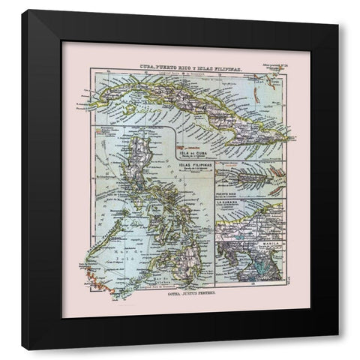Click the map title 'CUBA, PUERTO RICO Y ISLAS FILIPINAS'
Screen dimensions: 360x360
(187, 65)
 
